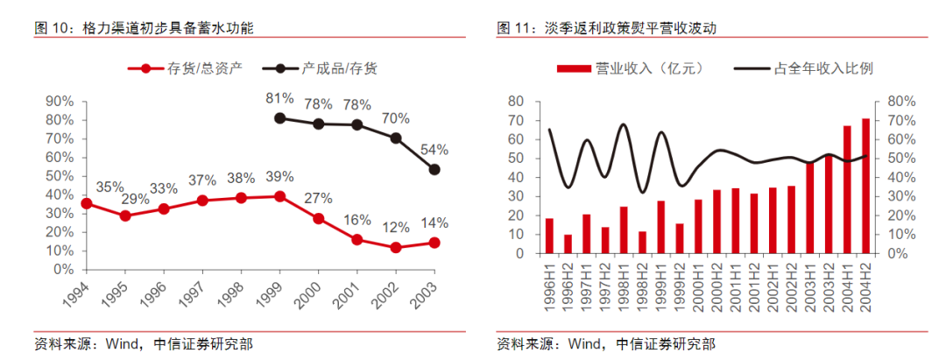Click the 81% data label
pyautogui.click(x=279, y=98)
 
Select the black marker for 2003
pyautogui.click(x=433, y=170)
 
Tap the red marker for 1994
pyautogui.click(x=86, y=203)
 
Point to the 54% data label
pyautogui.click(x=434, y=150)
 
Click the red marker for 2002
pyautogui.click(x=395, y=248)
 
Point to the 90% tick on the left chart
pyautogui.click(x=60, y=101)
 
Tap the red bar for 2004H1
pyautogui.click(x=847, y=189)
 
